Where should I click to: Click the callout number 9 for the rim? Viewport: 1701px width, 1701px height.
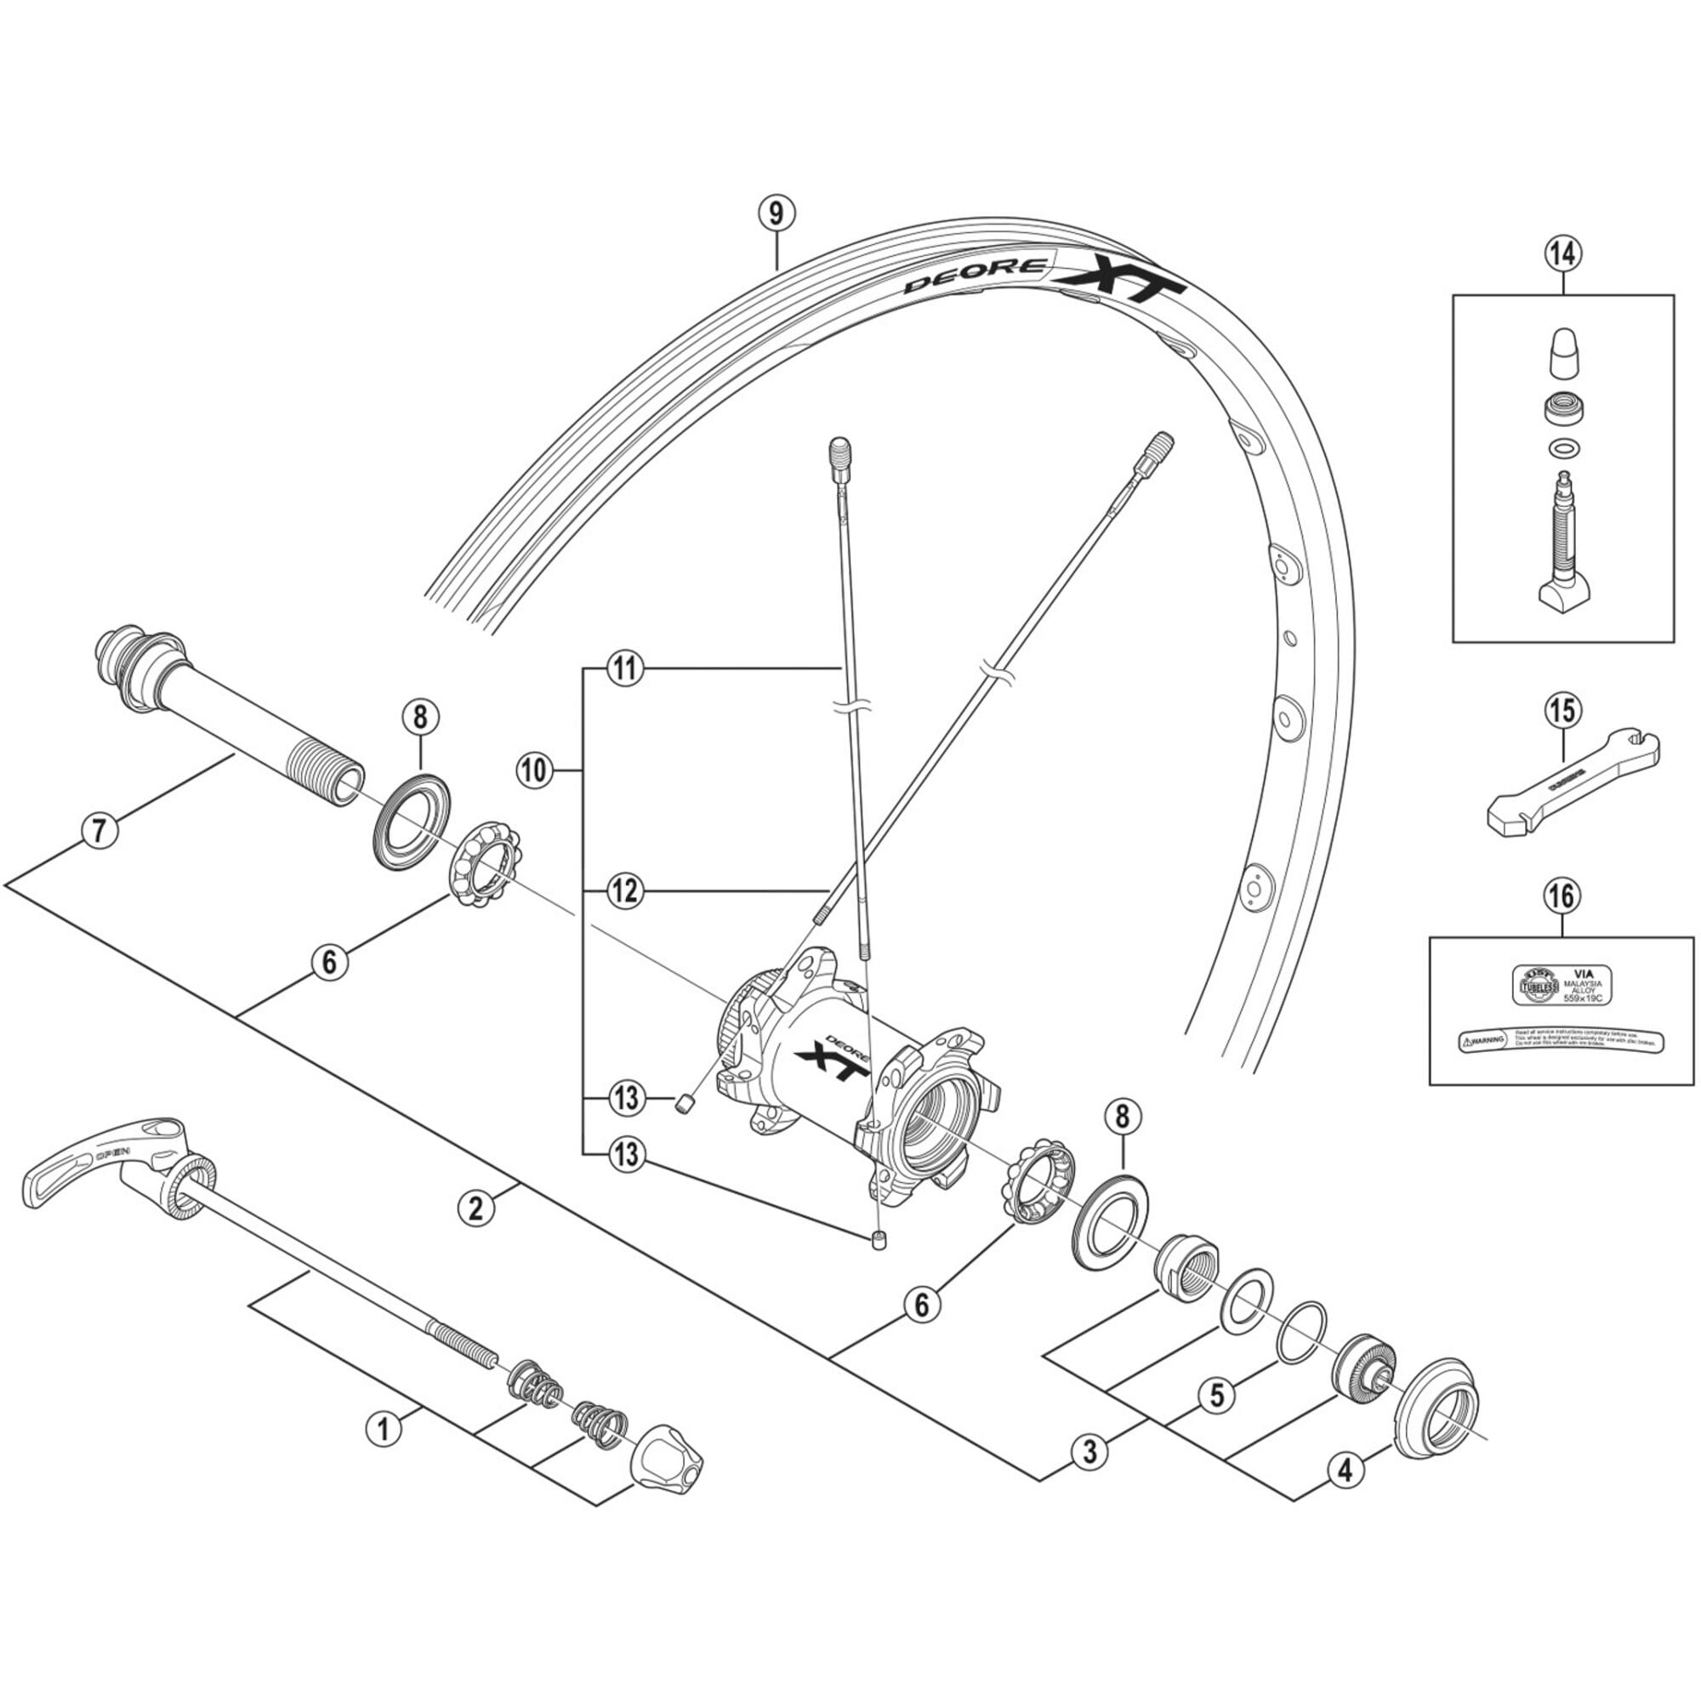[776, 214]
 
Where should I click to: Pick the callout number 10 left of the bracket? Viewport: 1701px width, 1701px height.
[534, 771]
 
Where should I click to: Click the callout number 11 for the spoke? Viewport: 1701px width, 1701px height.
[625, 669]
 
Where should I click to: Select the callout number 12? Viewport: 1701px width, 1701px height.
[625, 892]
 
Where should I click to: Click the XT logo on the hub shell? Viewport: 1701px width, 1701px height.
[827, 1061]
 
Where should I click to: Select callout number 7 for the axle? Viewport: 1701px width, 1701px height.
[100, 830]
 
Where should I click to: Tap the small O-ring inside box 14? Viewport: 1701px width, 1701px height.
[1562, 447]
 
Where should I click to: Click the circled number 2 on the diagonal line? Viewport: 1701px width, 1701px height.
[476, 1208]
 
